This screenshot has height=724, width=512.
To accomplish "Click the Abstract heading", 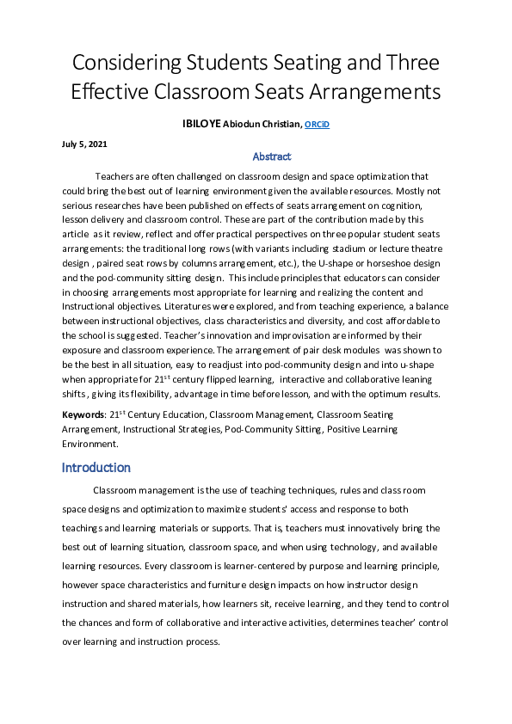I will pos(272,156).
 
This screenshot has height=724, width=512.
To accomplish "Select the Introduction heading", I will pos(96,468).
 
